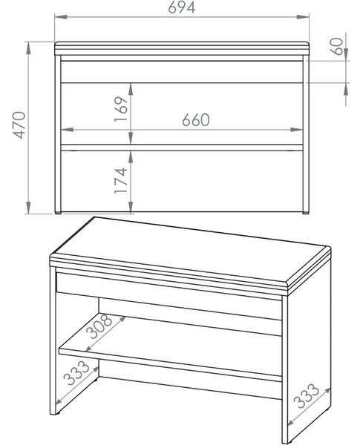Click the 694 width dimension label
pos(182,7)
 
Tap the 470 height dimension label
pos(20,125)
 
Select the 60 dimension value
pos(337,46)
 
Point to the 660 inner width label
pos(196,119)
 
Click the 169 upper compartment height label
pos(121,109)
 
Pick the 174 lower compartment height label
pos(121,180)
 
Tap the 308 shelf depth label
pos(99,326)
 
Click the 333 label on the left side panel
pos(76,372)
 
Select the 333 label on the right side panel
pos(306,395)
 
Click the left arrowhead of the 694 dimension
pos(61,17)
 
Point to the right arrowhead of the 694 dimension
pos(303,17)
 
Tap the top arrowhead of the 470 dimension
pos(28,48)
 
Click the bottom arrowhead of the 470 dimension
pos(28,207)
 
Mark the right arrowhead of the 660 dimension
pos(297,130)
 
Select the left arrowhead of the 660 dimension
pos(68,130)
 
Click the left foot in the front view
pos(58,213)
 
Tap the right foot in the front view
pos(306,213)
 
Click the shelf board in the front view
pos(182,148)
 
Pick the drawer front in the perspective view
pos(169,295)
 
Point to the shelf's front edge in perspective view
pos(171,366)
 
